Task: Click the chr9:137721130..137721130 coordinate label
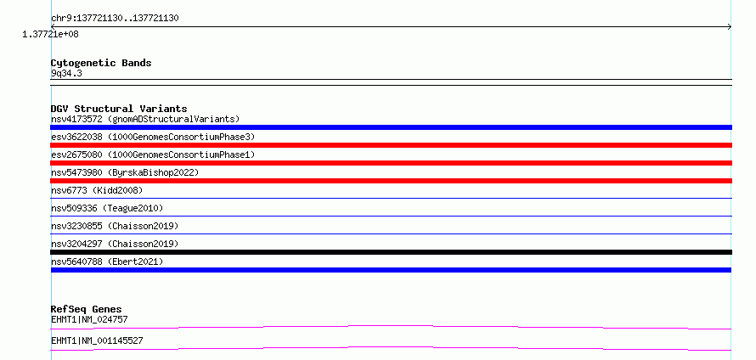(x=115, y=19)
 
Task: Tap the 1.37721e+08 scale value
(x=50, y=34)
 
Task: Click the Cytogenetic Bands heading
(x=101, y=63)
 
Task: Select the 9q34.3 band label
(x=66, y=73)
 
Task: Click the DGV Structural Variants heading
(x=119, y=109)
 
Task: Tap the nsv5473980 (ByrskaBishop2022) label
(x=125, y=172)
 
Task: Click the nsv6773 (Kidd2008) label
(x=97, y=190)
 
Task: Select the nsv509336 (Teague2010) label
(x=107, y=208)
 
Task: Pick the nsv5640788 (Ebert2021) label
(x=107, y=262)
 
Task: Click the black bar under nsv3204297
(x=391, y=252)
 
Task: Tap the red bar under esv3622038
(x=391, y=145)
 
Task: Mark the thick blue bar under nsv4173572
(x=391, y=127)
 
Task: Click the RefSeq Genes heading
(x=87, y=309)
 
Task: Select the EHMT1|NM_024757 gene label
(x=89, y=319)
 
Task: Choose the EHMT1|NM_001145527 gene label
(x=97, y=341)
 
